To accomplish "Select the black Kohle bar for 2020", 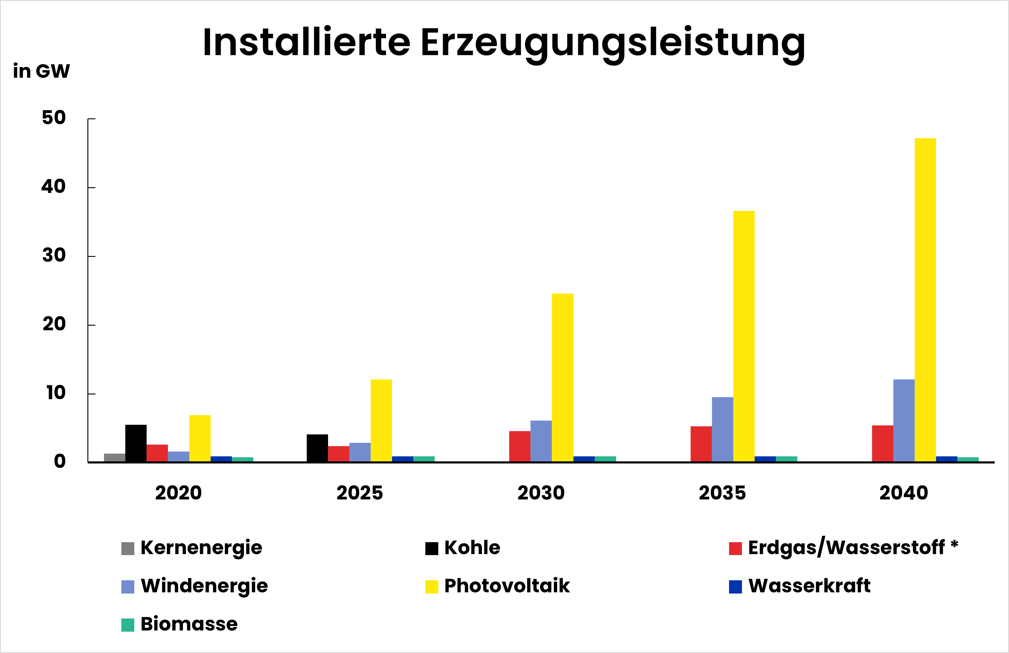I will [x=136, y=443].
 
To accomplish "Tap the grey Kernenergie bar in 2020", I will [x=114, y=457].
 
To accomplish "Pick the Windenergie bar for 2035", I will [x=722, y=429].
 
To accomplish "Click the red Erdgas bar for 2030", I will [x=520, y=446].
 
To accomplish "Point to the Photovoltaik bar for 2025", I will [x=381, y=420].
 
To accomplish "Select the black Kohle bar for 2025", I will [x=317, y=448].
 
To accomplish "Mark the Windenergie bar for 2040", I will [x=904, y=420].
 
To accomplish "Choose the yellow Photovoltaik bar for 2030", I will [x=563, y=377].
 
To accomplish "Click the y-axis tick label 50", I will [x=54, y=118].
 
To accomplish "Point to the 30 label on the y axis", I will [x=54, y=256].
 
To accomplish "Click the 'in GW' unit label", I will [x=41, y=71].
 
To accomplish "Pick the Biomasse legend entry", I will [x=189, y=624].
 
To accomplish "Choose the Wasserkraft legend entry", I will [x=809, y=586].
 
